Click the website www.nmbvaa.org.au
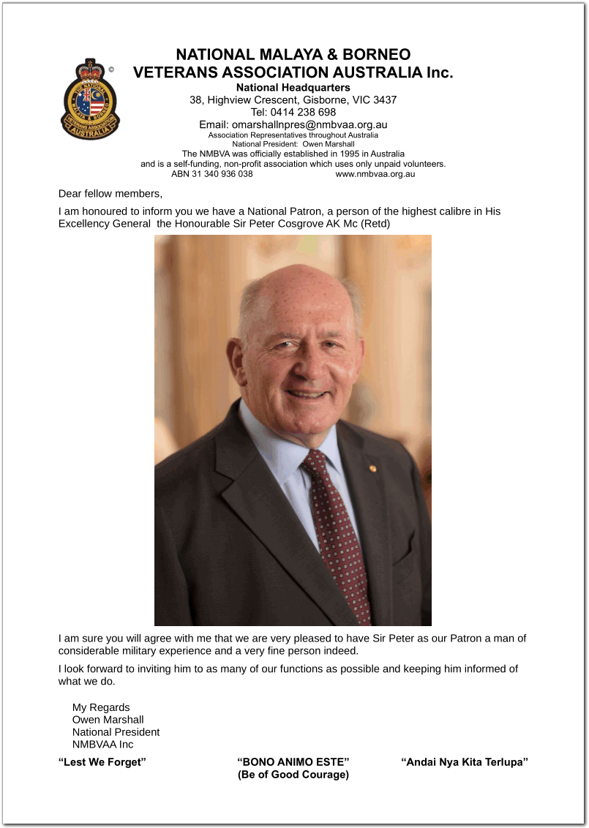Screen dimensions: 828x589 375,174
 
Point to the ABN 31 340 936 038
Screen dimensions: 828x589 212,174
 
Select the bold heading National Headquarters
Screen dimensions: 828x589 293,88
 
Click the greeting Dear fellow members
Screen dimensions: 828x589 110,194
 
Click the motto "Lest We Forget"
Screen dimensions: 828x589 102,762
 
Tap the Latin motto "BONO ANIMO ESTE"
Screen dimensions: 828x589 293,762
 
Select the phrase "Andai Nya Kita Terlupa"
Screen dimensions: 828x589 465,762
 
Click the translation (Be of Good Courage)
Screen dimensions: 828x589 293,775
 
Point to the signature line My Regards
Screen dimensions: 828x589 101,707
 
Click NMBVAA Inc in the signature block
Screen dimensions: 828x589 102,745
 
